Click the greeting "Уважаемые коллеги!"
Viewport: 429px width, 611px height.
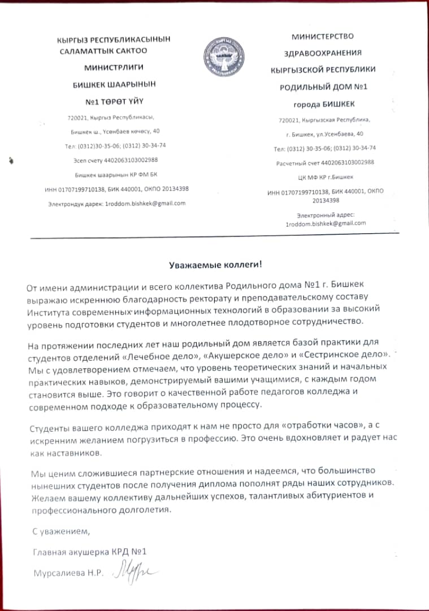pyautogui.click(x=217, y=264)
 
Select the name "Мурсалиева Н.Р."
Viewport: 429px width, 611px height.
pyautogui.click(x=68, y=573)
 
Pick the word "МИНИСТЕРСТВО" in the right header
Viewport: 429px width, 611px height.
pyautogui.click(x=322, y=37)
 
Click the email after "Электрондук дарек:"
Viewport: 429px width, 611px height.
pyautogui.click(x=145, y=203)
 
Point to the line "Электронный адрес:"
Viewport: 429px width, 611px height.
pyautogui.click(x=325, y=215)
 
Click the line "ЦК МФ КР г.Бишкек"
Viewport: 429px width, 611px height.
pyautogui.click(x=323, y=177)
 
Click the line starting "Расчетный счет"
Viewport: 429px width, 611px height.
pyautogui.click(x=324, y=162)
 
